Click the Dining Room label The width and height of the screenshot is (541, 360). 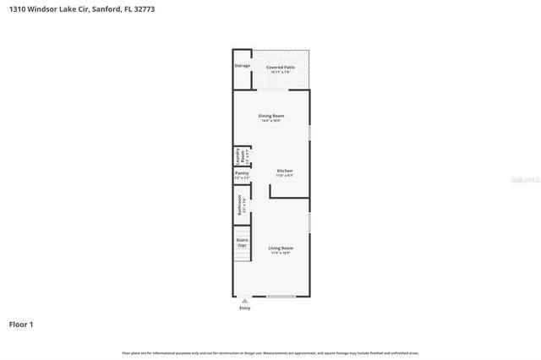coord(270,115)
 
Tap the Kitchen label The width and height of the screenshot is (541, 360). coord(285,171)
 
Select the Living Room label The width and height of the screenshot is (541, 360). coord(280,248)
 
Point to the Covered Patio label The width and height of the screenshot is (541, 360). coord(280,67)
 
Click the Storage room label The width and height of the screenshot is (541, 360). coord(242,65)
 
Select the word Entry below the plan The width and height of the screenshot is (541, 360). coord(245,308)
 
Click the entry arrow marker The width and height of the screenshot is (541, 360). coord(245,300)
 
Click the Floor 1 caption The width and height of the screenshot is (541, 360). coord(21,324)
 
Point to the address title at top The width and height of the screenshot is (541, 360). coord(81,9)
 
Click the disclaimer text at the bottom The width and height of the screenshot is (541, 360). coord(270,352)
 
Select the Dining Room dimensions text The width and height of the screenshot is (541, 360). coord(270,121)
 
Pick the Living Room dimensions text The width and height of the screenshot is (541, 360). coord(280,253)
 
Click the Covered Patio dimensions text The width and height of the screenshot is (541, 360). coord(280,72)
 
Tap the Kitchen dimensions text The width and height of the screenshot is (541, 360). coord(285,176)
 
